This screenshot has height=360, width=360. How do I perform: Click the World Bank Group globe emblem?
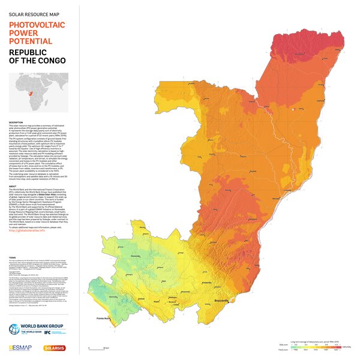click(15, 329)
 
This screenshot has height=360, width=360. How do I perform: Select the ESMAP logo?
click(20, 349)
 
